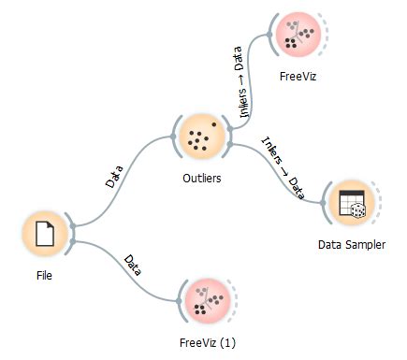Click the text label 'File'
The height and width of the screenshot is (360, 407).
pos(43,276)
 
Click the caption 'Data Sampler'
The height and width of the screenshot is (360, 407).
pos(351,245)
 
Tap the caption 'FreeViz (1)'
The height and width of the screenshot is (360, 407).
pos(208,343)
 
